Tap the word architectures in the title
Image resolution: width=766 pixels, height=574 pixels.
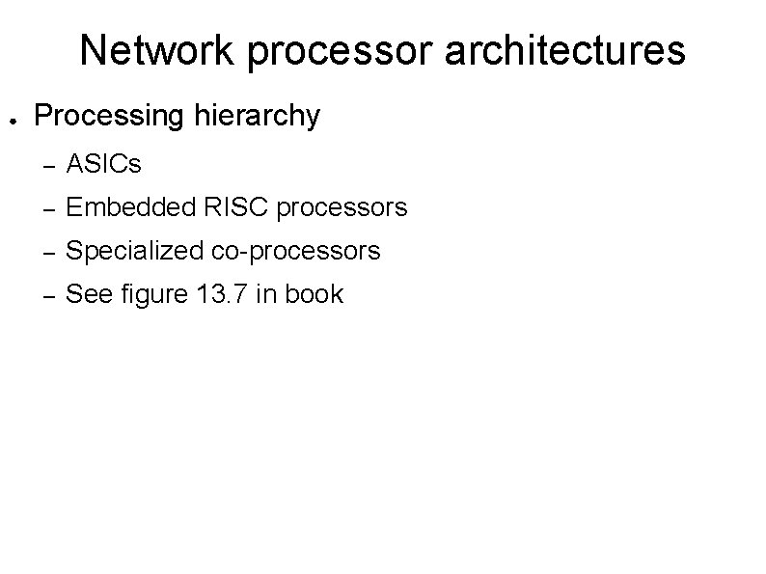click(x=564, y=50)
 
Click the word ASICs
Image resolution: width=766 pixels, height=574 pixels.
click(x=103, y=164)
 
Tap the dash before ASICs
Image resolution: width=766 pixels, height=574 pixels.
click(x=44, y=165)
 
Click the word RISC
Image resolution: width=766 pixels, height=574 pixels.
click(x=226, y=207)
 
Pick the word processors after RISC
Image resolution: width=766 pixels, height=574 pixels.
click(x=342, y=207)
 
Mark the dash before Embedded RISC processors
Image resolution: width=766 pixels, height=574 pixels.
click(x=44, y=208)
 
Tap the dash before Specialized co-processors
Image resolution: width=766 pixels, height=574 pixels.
click(x=44, y=252)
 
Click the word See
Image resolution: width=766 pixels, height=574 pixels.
click(x=87, y=294)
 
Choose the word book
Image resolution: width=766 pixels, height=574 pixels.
click(x=314, y=294)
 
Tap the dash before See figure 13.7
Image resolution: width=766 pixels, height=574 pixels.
click(x=44, y=295)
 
